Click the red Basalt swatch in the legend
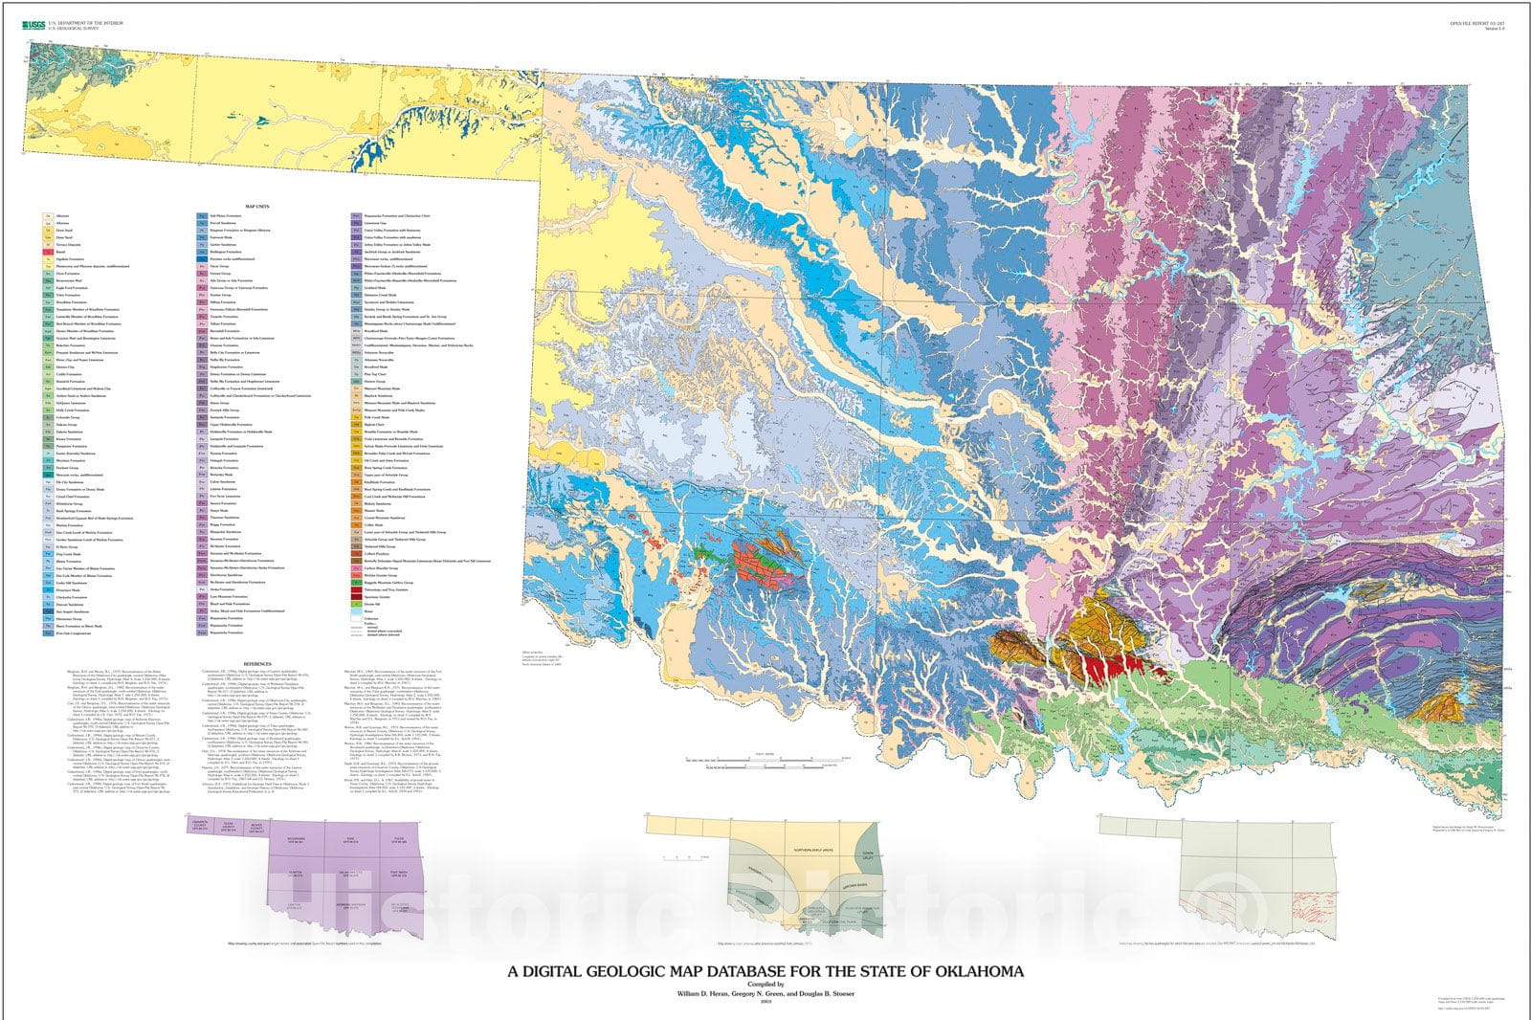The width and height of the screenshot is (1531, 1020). coord(47,254)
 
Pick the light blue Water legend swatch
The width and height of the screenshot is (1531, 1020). coord(357,612)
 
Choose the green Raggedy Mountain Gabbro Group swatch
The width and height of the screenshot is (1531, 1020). coord(357,582)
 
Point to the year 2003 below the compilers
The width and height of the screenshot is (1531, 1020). coord(765,1002)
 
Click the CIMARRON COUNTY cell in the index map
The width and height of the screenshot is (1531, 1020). coord(200,826)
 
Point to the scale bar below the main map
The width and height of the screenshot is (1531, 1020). coord(765,762)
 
